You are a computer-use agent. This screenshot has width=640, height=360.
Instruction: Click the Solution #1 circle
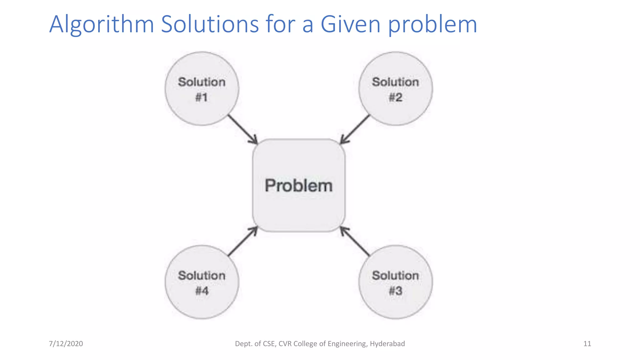pyautogui.click(x=202, y=89)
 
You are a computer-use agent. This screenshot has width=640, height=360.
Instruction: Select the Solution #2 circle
pyautogui.click(x=396, y=89)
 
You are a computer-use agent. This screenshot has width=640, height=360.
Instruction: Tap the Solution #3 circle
pyautogui.click(x=396, y=282)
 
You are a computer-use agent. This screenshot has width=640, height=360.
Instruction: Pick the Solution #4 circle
pyautogui.click(x=202, y=282)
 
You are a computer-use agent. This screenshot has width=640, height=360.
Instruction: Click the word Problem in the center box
pyautogui.click(x=299, y=186)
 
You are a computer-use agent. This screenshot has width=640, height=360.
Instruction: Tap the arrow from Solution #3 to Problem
pyautogui.click(x=355, y=242)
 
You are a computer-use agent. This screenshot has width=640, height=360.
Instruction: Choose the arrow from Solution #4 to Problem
pyautogui.click(x=242, y=242)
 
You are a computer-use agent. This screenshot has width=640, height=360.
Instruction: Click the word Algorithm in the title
pyautogui.click(x=102, y=24)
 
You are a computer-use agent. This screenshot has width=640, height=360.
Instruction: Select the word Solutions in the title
pyautogui.click(x=210, y=24)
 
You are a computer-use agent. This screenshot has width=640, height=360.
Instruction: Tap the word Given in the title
pyautogui.click(x=350, y=24)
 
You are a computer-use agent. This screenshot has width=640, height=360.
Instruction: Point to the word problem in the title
pyautogui.click(x=432, y=24)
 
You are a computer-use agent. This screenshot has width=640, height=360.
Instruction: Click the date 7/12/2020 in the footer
pyautogui.click(x=66, y=344)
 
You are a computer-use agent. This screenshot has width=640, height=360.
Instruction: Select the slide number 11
pyautogui.click(x=587, y=344)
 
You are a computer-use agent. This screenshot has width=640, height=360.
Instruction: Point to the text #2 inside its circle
pyautogui.click(x=396, y=97)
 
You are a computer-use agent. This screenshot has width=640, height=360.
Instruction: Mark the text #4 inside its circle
pyautogui.click(x=202, y=291)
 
